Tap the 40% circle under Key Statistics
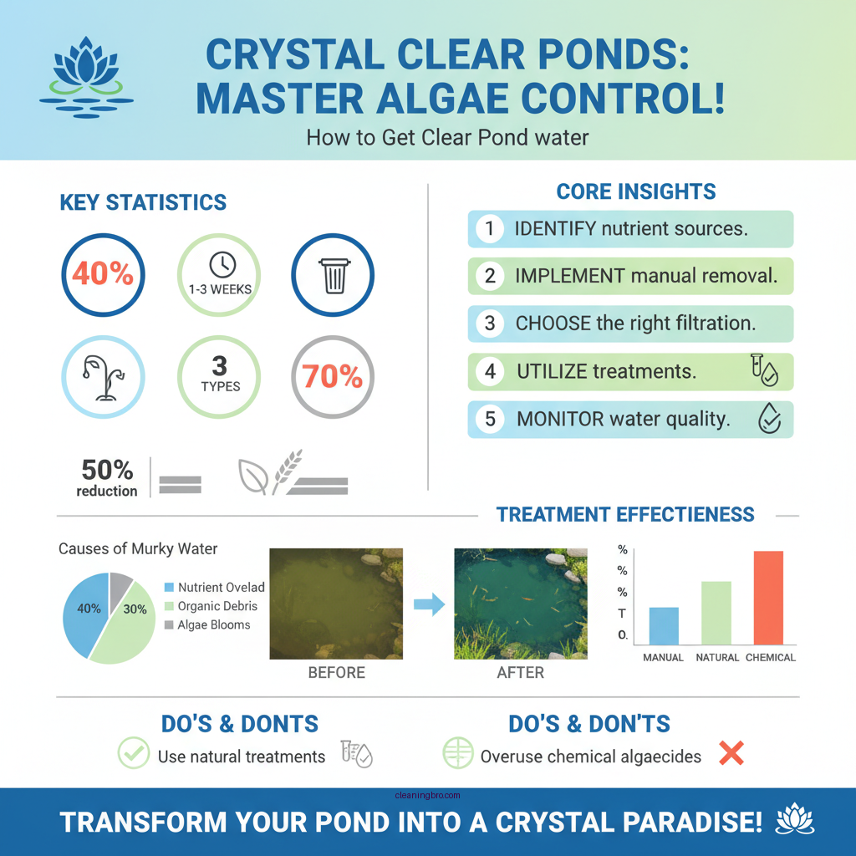pos(103,273)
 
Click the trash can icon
pos(333,274)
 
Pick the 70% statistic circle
pos(332,377)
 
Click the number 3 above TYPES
pos(220,365)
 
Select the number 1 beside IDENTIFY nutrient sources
pos(490,228)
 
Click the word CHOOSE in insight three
pos(552,324)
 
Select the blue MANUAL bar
pos(664,624)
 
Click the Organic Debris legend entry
pos(217,606)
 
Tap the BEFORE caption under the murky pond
pos(336,672)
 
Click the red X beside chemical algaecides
pos(731,755)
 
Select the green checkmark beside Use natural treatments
pos(134,754)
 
